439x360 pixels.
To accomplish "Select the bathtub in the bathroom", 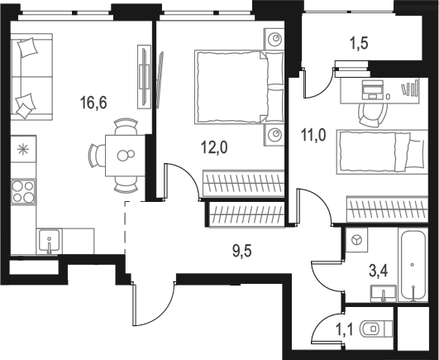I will point(411,266).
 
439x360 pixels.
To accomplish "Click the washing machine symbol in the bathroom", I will point(357,240).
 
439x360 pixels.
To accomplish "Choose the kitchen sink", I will point(49,242).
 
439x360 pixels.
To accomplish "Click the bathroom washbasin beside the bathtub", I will point(382,294).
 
